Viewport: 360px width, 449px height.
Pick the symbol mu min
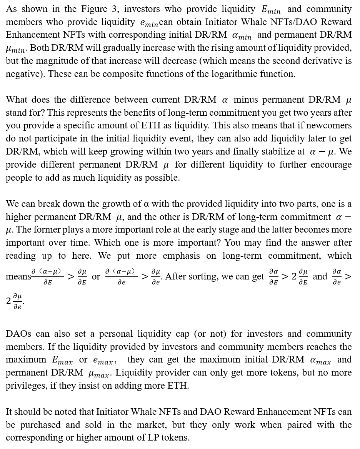coord(16,49)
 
